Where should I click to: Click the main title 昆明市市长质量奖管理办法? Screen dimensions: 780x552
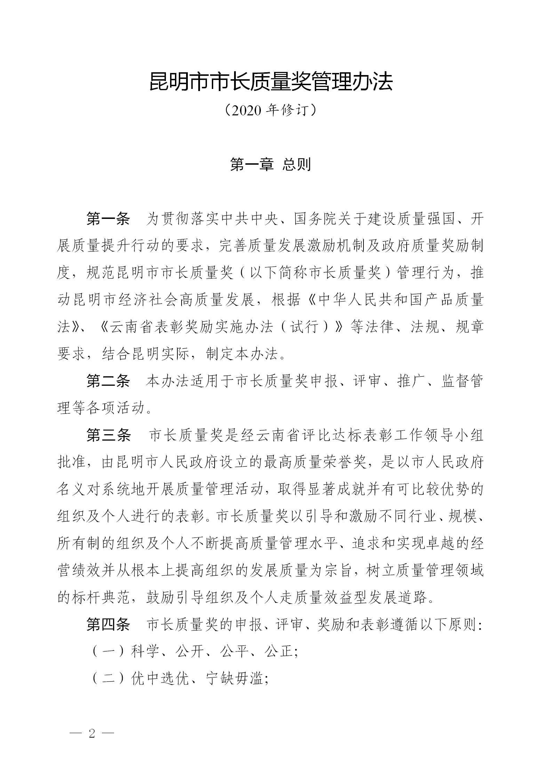[x=271, y=82]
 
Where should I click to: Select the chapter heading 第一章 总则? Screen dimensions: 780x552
[x=270, y=164]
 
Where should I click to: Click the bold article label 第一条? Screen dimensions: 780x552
[x=108, y=220]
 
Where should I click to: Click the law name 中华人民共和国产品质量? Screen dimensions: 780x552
[x=400, y=301]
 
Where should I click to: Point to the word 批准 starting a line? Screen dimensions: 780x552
[x=71, y=463]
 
